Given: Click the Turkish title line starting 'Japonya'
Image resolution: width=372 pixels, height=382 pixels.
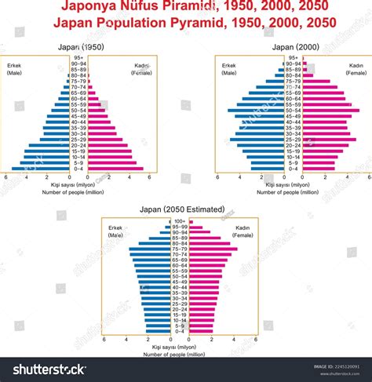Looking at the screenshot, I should [x=186, y=9].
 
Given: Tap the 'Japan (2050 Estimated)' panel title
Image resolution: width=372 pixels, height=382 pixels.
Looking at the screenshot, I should [x=185, y=209].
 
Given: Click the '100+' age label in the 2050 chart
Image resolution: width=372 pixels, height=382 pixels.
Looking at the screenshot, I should [x=180, y=222].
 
